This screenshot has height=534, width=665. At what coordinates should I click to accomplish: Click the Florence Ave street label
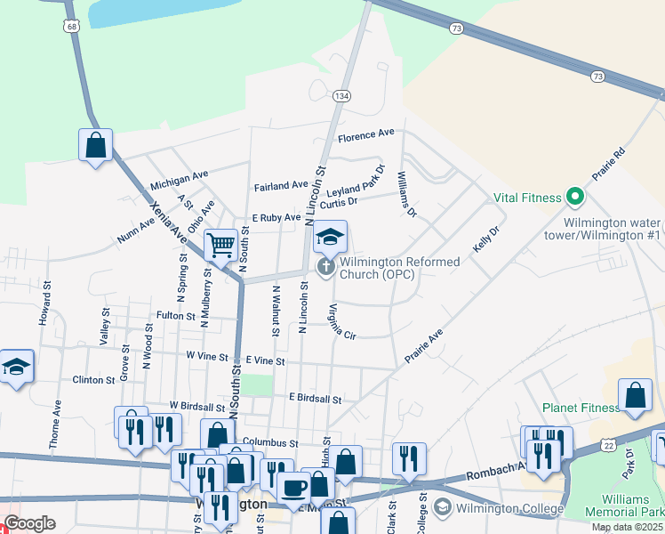tap(366, 133)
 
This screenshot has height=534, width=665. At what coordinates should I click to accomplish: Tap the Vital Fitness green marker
tap(574, 198)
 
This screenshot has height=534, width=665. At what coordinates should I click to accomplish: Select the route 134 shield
tap(341, 95)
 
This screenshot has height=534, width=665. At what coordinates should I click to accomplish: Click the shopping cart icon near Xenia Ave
tap(220, 244)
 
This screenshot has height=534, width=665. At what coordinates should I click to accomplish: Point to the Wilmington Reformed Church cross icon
tap(326, 265)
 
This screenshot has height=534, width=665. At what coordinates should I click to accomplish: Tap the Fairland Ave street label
tap(280, 186)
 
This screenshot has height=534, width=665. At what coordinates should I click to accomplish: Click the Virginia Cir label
tap(341, 322)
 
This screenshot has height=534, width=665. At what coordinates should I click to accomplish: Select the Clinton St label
tap(93, 380)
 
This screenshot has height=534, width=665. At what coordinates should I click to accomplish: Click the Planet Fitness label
tap(581, 408)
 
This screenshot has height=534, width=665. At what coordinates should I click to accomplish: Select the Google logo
tap(30, 523)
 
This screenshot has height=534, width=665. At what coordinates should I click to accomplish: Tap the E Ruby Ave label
tap(276, 217)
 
